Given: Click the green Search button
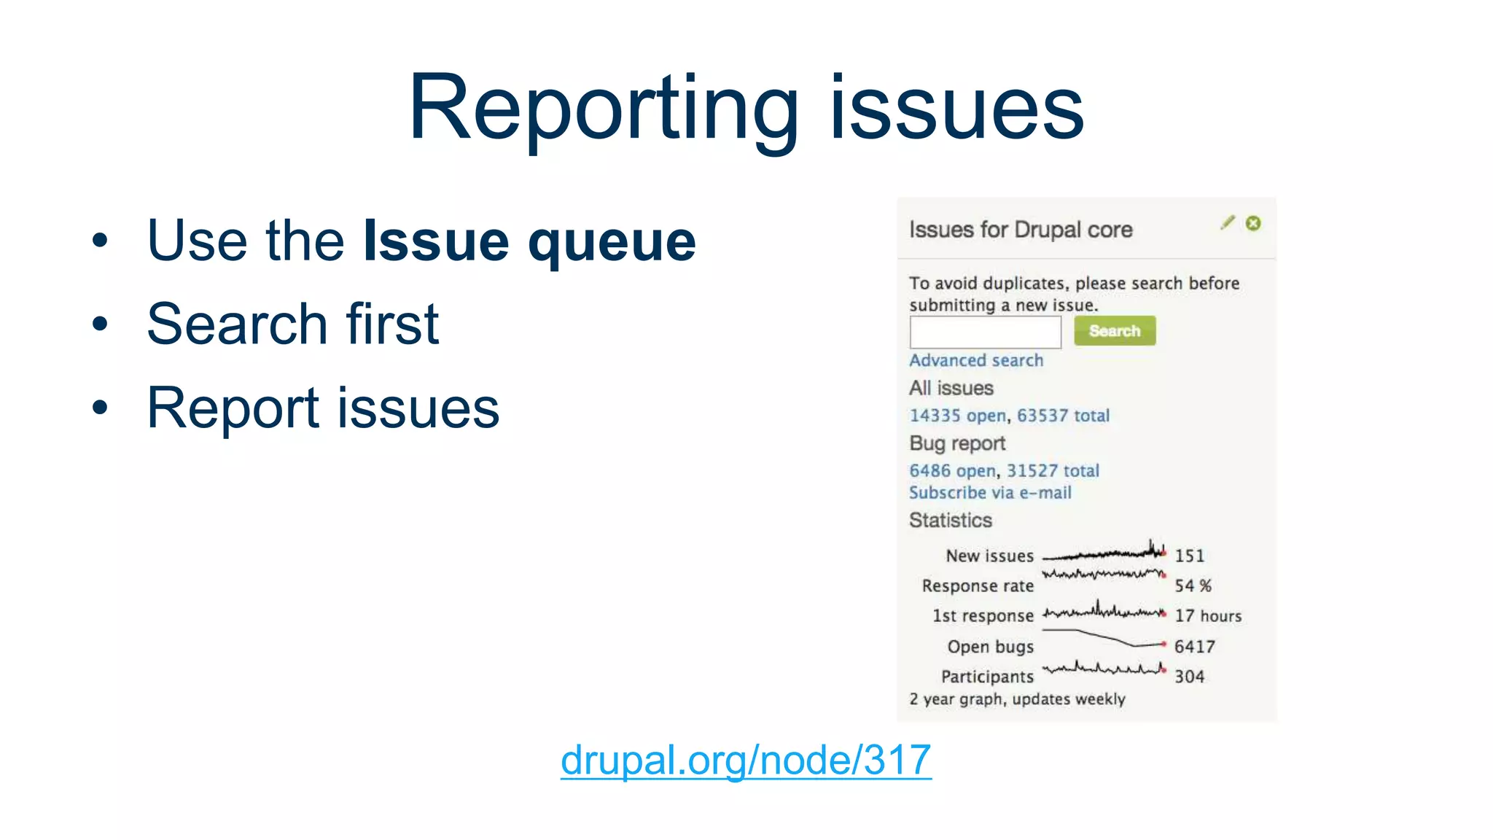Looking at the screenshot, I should [1114, 331].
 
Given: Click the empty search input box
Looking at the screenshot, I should [985, 332].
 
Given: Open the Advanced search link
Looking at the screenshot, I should [975, 360].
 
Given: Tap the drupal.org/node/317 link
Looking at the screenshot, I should [746, 760].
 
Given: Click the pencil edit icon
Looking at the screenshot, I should [1228, 223].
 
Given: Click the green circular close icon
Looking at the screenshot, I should [1253, 223].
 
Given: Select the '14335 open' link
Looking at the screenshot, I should [957, 416].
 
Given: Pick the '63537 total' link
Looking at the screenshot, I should [1063, 416].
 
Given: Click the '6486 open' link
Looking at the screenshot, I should [952, 471].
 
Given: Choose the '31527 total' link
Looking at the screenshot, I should [1053, 471].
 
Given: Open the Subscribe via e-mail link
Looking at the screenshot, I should [990, 493].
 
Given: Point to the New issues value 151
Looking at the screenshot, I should [1189, 556].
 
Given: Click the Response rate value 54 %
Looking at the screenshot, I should [1193, 586].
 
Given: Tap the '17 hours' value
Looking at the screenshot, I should [1207, 616].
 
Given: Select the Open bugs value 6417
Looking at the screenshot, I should [1194, 647].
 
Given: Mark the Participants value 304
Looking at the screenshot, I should [1189, 677].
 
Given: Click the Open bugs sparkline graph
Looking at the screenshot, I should [1104, 639].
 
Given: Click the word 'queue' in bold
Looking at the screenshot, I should [612, 242].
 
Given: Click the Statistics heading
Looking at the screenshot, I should [951, 521].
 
